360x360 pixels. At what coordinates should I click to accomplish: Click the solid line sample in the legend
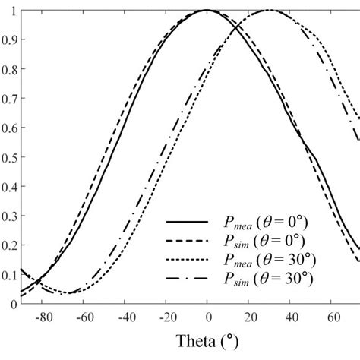[x=186, y=221]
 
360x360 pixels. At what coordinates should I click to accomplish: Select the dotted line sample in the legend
[x=186, y=261]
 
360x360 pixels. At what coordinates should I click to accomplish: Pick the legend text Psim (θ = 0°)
[x=259, y=241]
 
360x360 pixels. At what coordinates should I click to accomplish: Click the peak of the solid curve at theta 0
[x=207, y=10]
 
